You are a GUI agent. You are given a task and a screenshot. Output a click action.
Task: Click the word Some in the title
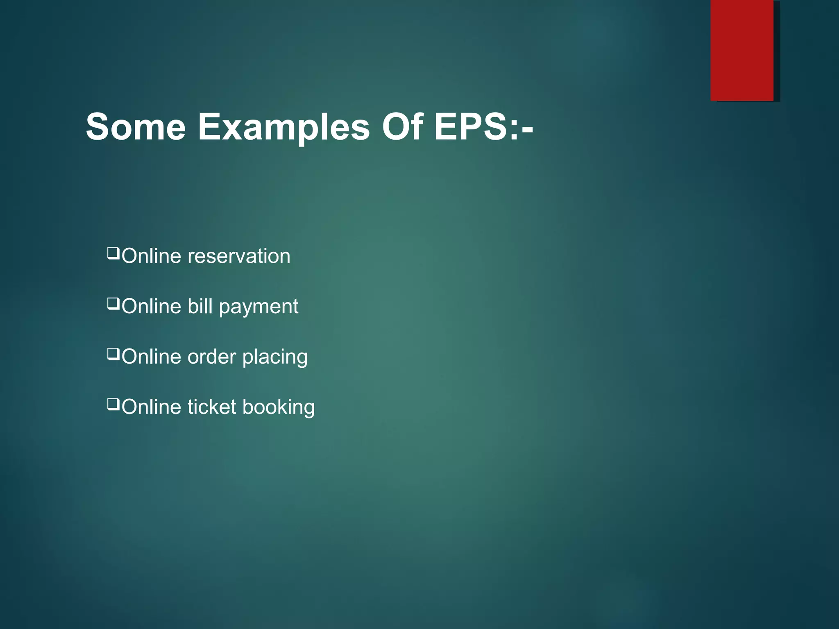pyautogui.click(x=136, y=127)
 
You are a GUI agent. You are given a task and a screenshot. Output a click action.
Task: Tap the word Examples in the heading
pyautogui.click(x=284, y=127)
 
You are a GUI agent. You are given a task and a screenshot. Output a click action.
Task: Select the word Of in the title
pyautogui.click(x=402, y=127)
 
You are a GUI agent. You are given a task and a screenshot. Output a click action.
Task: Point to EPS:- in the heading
pyautogui.click(x=483, y=127)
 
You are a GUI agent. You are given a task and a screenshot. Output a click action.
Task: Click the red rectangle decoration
pyautogui.click(x=742, y=50)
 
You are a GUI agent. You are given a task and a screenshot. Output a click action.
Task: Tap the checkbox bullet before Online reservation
pyautogui.click(x=113, y=253)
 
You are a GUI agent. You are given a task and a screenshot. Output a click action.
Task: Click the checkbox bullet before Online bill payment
pyautogui.click(x=113, y=304)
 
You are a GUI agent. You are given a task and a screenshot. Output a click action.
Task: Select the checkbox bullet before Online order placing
pyautogui.click(x=113, y=354)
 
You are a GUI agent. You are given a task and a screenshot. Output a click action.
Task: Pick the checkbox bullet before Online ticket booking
pyautogui.click(x=113, y=405)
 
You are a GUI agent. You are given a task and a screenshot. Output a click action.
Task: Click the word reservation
pyautogui.click(x=239, y=256)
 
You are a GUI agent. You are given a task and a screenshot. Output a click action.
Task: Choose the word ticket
pyautogui.click(x=212, y=407)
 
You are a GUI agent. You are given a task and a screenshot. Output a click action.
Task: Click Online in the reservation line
pyautogui.click(x=151, y=256)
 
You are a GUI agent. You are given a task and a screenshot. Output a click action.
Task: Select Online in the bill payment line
pyautogui.click(x=151, y=307)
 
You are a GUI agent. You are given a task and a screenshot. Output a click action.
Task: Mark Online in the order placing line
pyautogui.click(x=151, y=357)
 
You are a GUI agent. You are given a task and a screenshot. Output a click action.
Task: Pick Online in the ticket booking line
pyautogui.click(x=151, y=407)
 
